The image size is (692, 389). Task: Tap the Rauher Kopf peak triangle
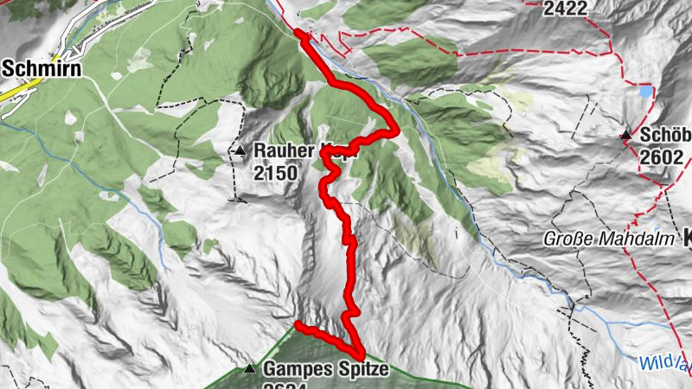pyautogui.click(x=240, y=151)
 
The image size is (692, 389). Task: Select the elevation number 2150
pyautogui.click(x=275, y=173)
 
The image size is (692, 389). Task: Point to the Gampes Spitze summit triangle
pyautogui.click(x=250, y=369)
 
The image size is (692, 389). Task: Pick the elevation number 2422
pyautogui.click(x=566, y=9)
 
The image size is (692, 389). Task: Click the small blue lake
pyautogui.click(x=645, y=90)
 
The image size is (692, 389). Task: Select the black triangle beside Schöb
pyautogui.click(x=625, y=135)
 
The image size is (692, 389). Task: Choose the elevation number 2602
pyautogui.click(x=663, y=157)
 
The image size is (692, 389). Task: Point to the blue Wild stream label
pyautogui.click(x=662, y=363)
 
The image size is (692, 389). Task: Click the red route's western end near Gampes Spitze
pyautogui.click(x=298, y=325)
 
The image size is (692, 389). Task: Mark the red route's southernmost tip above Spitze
pyautogui.click(x=358, y=353)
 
